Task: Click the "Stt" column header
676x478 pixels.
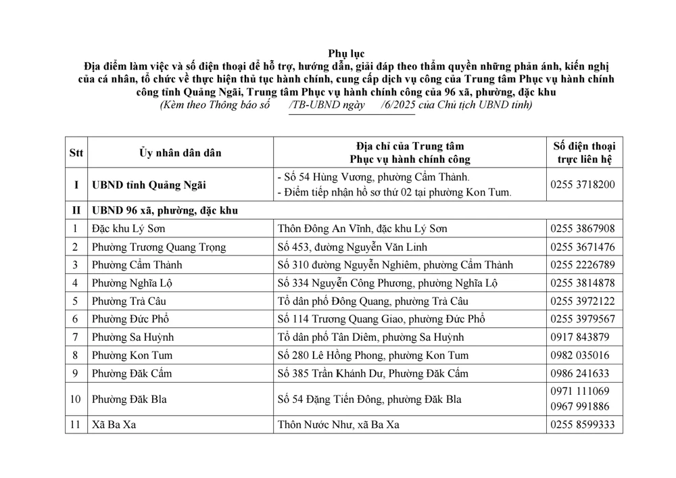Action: (x=76, y=153)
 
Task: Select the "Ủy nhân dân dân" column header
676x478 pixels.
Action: (x=180, y=153)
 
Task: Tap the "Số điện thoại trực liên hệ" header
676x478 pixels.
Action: (x=584, y=153)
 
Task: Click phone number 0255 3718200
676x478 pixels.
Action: (x=583, y=185)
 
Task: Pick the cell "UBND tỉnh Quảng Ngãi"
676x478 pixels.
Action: (x=149, y=185)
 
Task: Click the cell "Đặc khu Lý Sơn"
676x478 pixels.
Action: (x=128, y=229)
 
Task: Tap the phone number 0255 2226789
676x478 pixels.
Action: (x=583, y=265)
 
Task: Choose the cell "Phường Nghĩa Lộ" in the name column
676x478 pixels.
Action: (x=133, y=283)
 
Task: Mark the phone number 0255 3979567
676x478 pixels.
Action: (x=583, y=319)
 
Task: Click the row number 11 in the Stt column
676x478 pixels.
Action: (x=76, y=425)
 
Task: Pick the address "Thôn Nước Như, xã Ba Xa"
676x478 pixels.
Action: (x=345, y=425)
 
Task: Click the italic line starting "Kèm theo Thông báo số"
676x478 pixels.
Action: (x=346, y=105)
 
